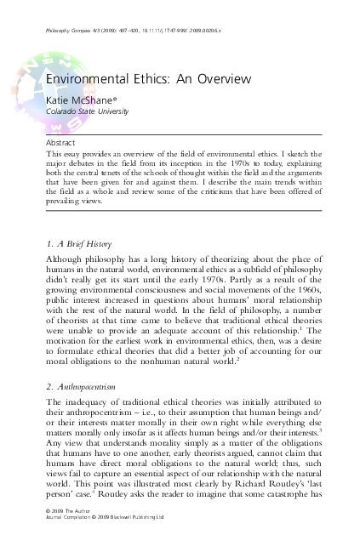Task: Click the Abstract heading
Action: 60,143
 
